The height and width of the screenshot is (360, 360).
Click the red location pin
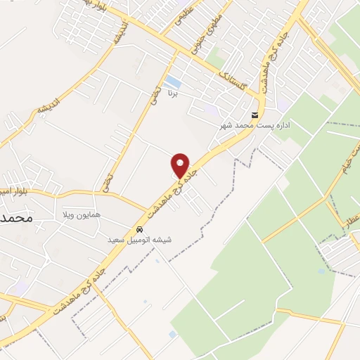[x=181, y=165]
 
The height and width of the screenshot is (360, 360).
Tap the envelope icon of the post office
[x=255, y=115]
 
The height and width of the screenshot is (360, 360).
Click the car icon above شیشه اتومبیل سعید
[x=139, y=230]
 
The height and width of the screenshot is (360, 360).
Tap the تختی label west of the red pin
[x=107, y=187]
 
